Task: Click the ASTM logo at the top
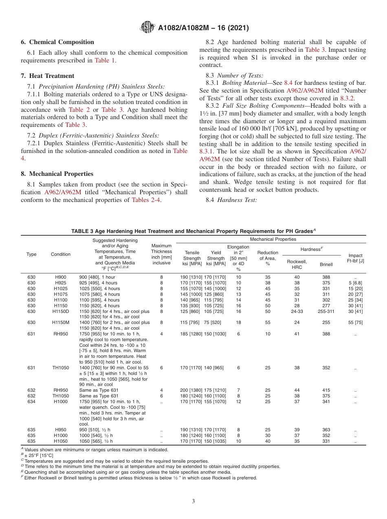[x=147, y=27]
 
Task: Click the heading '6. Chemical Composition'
[x=57, y=42]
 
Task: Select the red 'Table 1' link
[x=105, y=60]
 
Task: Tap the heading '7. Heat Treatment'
[x=47, y=76]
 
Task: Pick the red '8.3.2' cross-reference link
[x=347, y=98]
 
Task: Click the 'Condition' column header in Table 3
[x=60, y=254]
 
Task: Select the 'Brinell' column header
[x=326, y=264]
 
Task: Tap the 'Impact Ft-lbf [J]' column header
[x=356, y=258]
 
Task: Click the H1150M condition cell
[x=60, y=322]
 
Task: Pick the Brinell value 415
[x=326, y=390]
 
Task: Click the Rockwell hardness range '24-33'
[x=297, y=311]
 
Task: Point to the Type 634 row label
[x=31, y=401]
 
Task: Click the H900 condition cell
[x=60, y=277]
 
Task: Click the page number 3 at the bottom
[x=193, y=501]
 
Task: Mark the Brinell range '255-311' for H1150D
[x=326, y=311]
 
